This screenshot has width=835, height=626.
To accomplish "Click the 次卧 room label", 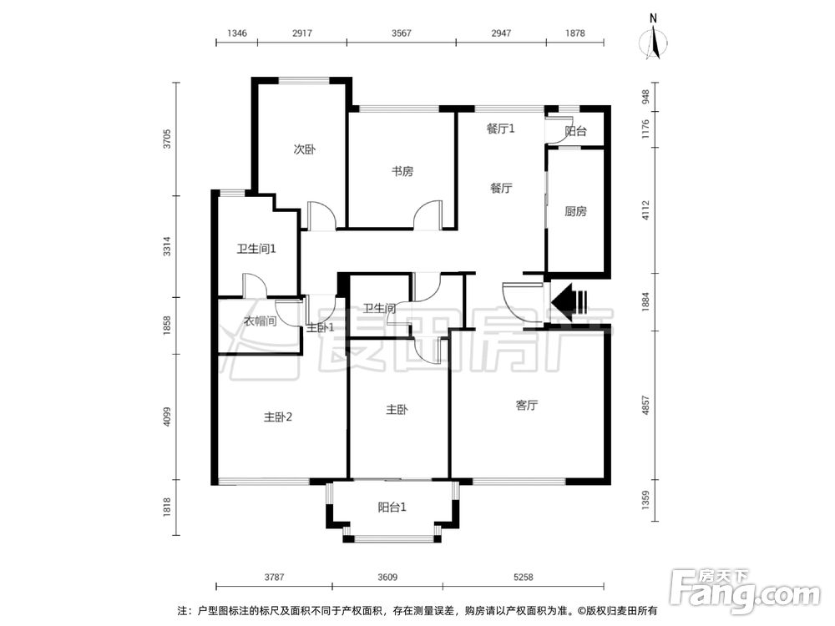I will [304, 150].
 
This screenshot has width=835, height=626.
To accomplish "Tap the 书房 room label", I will [402, 172].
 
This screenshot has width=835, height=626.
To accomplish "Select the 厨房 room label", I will [575, 212].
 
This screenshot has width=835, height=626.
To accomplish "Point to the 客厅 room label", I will [526, 406].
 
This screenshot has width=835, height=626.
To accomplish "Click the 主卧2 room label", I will [278, 417].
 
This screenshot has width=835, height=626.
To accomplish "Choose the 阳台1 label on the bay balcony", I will [392, 507].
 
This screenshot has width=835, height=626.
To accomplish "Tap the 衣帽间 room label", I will [260, 321].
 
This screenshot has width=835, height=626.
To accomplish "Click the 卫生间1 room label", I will [256, 249].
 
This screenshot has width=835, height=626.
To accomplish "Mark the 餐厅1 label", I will [501, 129].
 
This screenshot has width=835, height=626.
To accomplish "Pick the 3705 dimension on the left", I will [168, 139].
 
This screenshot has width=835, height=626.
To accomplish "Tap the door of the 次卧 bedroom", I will [321, 216].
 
